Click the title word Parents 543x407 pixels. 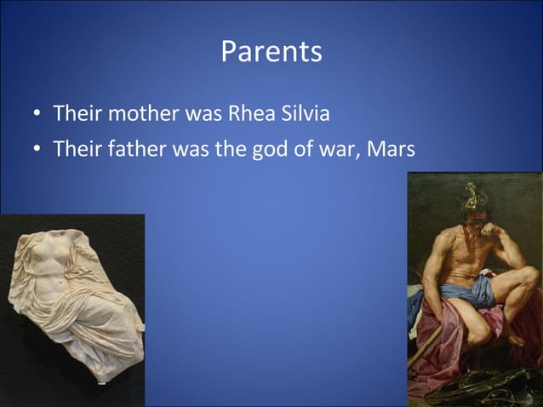(x=271, y=52)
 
